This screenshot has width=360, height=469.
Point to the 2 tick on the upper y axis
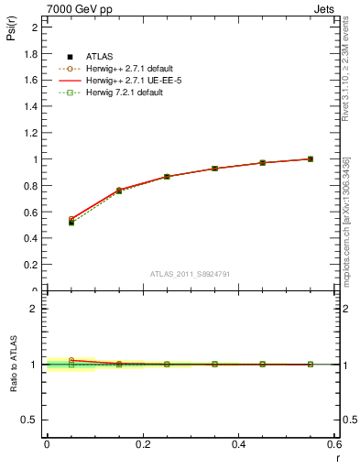36,27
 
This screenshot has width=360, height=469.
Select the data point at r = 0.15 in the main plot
119,191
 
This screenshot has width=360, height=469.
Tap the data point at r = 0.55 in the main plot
311,159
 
